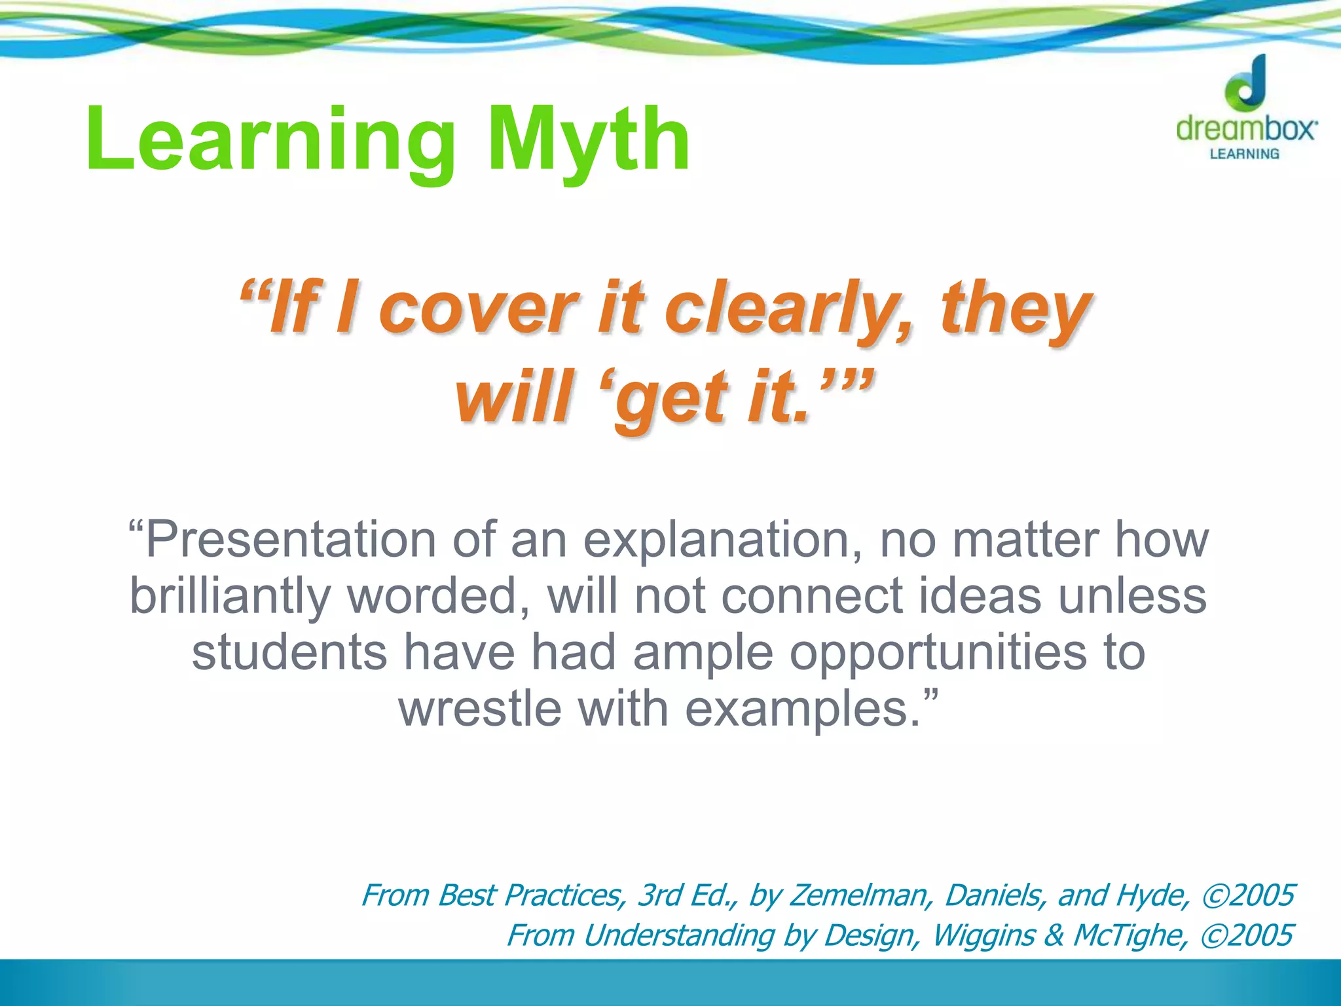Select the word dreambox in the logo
pos(1246,128)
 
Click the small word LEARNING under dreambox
pos(1244,154)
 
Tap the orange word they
pos(1016,308)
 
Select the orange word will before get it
pos(515,397)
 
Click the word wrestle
pos(480,709)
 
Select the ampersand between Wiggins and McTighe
pos(1054,935)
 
